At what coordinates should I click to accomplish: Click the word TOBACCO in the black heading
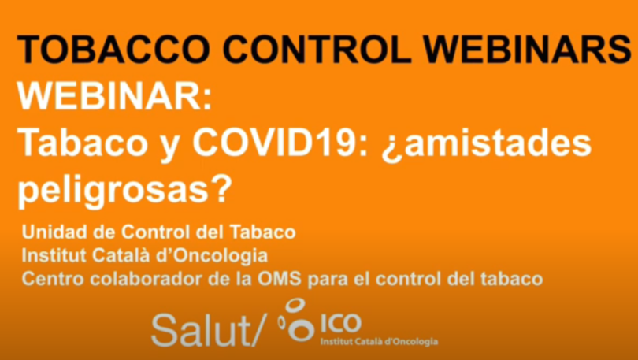(113, 49)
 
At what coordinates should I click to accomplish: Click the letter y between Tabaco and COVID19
(169, 147)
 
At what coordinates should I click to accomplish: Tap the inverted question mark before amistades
(391, 147)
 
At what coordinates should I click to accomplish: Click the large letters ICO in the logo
(341, 323)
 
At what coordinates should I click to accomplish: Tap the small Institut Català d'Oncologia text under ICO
(379, 341)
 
